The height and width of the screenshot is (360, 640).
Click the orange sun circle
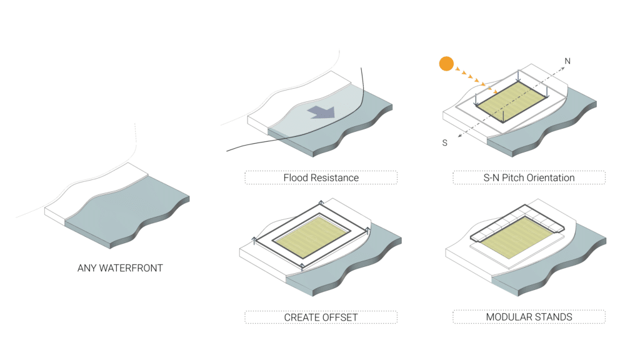pyautogui.click(x=446, y=63)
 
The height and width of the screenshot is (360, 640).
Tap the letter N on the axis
pyautogui.click(x=567, y=61)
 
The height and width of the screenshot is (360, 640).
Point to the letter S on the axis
pyautogui.click(x=445, y=143)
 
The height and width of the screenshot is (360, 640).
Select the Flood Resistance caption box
pyautogui.click(x=321, y=177)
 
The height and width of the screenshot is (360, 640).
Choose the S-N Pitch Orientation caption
pyautogui.click(x=529, y=177)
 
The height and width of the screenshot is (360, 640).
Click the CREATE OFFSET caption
pyautogui.click(x=321, y=317)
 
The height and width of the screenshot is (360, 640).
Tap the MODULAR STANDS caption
pyautogui.click(x=529, y=317)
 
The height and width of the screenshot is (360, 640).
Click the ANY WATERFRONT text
pyautogui.click(x=120, y=268)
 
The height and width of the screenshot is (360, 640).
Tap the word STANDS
pyautogui.click(x=554, y=317)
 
